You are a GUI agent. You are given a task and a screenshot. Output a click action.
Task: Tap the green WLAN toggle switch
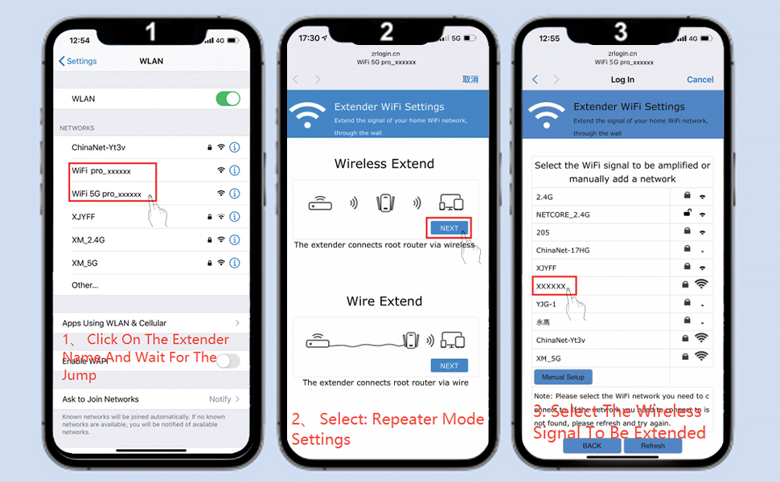(x=228, y=99)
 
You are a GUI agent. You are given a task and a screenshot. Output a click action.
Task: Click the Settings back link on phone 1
(x=78, y=61)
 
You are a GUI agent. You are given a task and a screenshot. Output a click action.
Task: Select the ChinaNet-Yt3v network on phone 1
(x=98, y=147)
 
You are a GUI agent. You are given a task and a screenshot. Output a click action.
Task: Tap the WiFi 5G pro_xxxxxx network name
(x=106, y=194)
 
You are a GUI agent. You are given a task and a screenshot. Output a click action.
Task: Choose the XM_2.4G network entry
(x=89, y=239)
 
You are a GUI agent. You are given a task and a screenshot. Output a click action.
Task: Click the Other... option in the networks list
(x=84, y=285)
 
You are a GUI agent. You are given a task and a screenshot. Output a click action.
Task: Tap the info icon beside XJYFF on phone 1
(x=235, y=217)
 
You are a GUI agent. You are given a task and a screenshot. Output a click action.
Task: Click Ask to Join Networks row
(x=101, y=399)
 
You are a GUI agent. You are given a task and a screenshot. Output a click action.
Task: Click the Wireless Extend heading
(x=384, y=164)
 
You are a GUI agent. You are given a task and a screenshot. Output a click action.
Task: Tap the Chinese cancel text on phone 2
(x=470, y=80)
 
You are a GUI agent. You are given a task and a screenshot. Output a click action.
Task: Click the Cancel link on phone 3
(x=700, y=80)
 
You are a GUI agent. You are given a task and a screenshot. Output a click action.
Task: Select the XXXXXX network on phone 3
(x=552, y=286)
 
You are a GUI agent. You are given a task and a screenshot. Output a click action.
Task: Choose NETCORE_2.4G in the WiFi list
(x=563, y=214)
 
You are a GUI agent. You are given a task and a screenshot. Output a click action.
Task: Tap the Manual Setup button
(x=563, y=377)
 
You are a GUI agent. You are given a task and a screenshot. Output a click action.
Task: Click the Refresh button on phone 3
(x=652, y=446)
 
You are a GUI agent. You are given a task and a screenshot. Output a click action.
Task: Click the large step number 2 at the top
(x=387, y=31)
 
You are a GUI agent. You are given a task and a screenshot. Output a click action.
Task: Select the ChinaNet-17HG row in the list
(x=563, y=251)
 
